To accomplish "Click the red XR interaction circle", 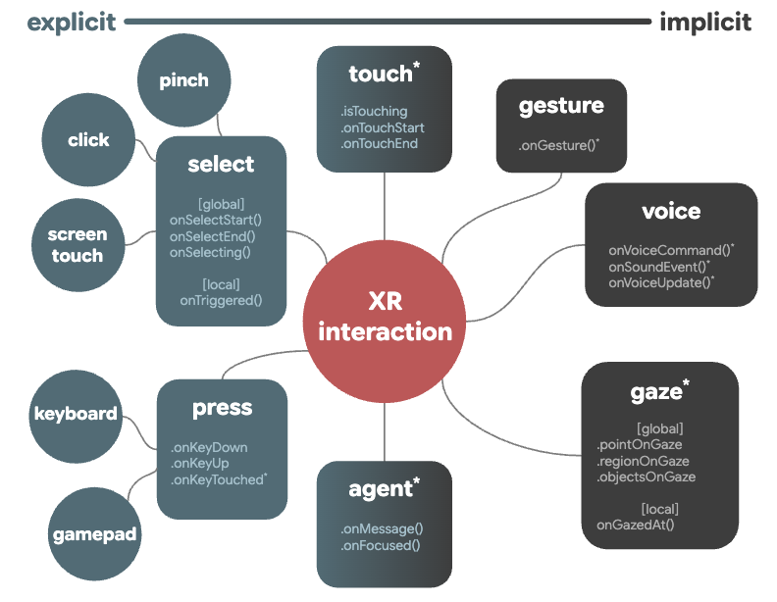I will [x=385, y=317].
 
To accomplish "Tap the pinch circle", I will [x=183, y=80].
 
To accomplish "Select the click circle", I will [x=88, y=140].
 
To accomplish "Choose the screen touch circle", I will [x=77, y=245].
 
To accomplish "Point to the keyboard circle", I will [x=75, y=414].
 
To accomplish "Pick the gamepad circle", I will [x=94, y=535].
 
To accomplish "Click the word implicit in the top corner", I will [x=705, y=22].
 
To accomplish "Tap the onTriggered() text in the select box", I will [x=221, y=300].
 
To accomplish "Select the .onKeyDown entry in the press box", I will [x=208, y=447].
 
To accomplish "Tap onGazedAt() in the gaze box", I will [x=635, y=525].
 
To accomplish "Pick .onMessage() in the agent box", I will [x=381, y=528].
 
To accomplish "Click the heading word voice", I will [x=671, y=211].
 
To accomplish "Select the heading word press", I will [x=222, y=407].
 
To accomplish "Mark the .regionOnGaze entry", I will [x=643, y=461].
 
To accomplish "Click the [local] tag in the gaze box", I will [x=659, y=509].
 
